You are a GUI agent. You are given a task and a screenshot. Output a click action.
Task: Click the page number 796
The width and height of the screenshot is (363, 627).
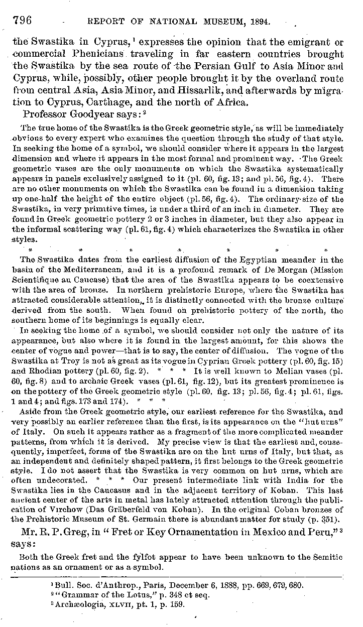[x=22, y=20]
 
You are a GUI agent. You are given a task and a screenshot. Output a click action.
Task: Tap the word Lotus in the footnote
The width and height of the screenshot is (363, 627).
[x=130, y=595]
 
